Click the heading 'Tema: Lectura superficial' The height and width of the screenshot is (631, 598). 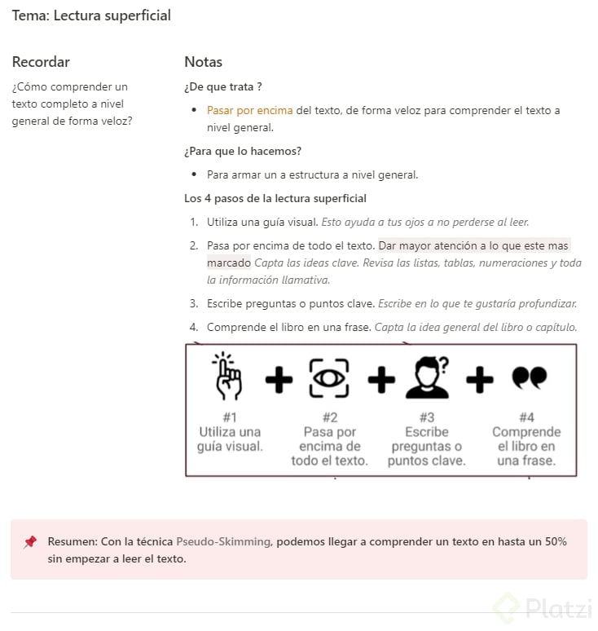[91, 15]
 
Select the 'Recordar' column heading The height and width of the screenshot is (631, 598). [41, 62]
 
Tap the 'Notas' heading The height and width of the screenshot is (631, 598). [203, 62]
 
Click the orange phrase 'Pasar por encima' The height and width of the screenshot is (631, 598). [249, 110]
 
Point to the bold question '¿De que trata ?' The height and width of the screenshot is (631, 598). [222, 86]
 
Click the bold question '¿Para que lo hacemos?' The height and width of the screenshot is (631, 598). [243, 151]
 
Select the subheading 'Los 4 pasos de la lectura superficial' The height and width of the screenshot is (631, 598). [275, 198]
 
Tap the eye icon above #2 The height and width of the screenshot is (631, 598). [329, 378]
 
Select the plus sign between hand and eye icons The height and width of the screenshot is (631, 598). [279, 379]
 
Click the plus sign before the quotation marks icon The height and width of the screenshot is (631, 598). [479, 378]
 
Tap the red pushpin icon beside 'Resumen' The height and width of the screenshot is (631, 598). [30, 542]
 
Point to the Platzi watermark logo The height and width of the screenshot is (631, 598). [540, 609]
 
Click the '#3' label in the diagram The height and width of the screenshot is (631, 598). [426, 417]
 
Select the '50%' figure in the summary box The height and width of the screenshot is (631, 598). [553, 541]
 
